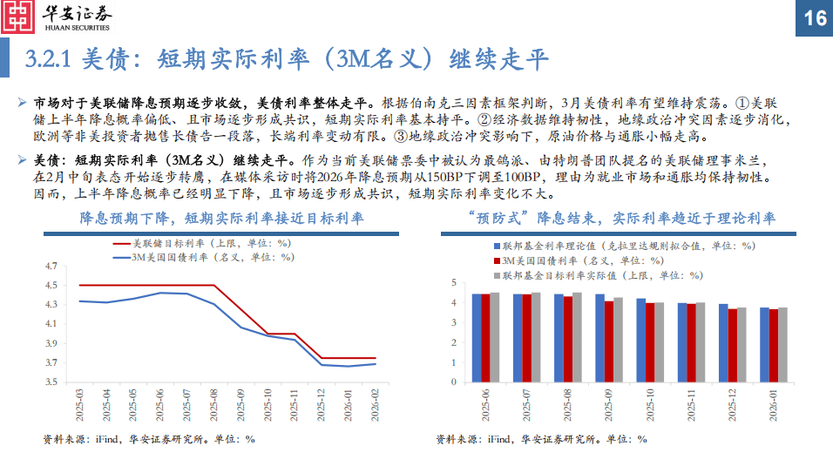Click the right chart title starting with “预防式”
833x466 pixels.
[620, 217]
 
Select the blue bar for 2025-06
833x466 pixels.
[477, 337]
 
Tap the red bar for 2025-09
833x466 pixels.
[609, 341]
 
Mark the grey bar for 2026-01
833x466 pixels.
[782, 344]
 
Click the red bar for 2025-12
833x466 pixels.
[733, 345]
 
